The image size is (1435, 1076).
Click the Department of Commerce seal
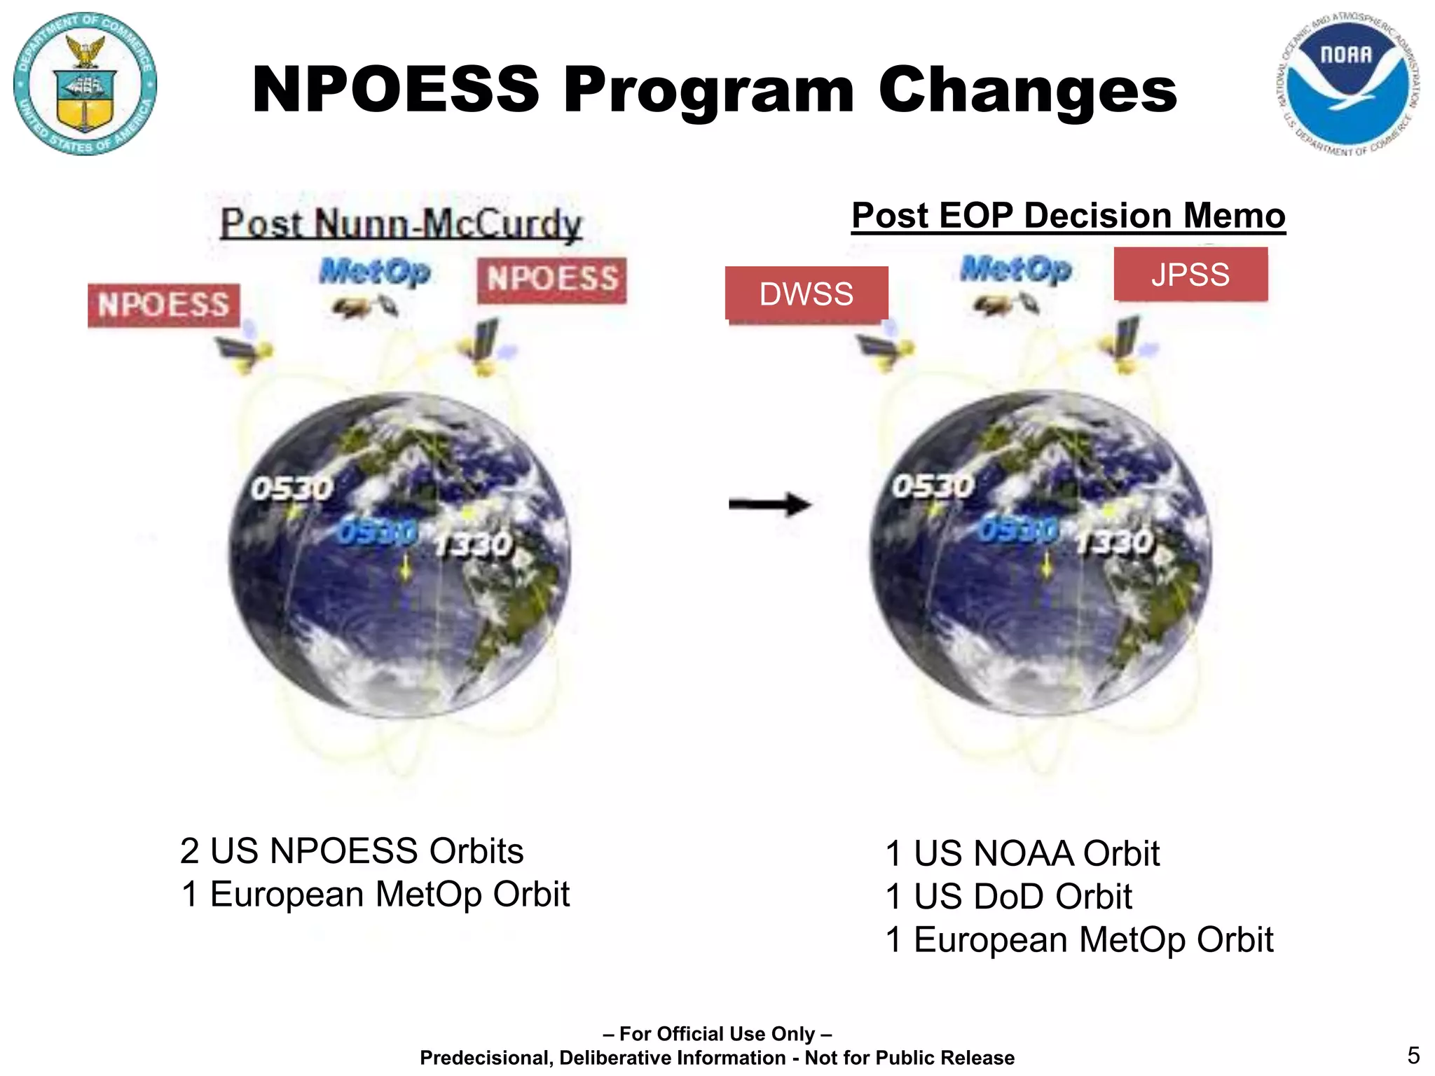pos(85,84)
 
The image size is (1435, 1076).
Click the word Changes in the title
pos(1027,90)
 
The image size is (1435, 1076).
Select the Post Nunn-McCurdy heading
pos(401,224)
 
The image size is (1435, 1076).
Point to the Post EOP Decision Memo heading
pos(1068,216)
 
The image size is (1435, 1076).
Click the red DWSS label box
pos(806,294)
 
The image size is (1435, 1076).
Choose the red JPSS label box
pos(1190,274)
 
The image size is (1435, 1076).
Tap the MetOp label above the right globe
pos(1016,268)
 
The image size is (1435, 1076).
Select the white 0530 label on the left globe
pos(292,488)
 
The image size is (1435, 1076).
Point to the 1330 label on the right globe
pos(1115,542)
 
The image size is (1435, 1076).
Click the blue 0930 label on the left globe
pos(378,533)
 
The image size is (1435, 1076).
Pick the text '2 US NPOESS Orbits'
pos(352,851)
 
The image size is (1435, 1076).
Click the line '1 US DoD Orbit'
pos(1008,897)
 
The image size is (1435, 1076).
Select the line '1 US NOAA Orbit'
pos(1022,853)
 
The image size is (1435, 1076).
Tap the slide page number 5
pos(1413,1055)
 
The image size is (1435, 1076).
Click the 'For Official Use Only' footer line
pos(717,1034)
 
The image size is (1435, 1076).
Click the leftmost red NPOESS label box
pos(163,305)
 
